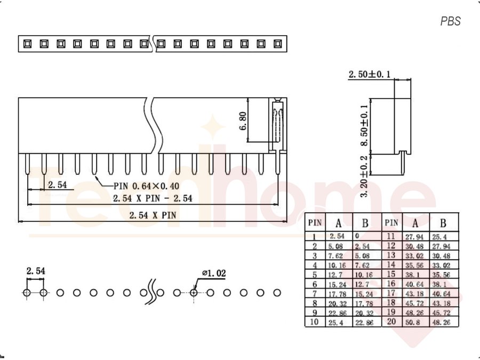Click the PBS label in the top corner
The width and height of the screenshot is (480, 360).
click(450, 21)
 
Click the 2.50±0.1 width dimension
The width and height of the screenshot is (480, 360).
click(370, 74)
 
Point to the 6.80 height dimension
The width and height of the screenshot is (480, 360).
click(243, 121)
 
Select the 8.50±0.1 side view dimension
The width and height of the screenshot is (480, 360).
click(364, 125)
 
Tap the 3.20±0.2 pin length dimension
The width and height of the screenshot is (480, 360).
click(364, 177)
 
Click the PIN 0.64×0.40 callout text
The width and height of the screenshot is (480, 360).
click(146, 186)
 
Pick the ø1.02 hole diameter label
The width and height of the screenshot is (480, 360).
click(214, 273)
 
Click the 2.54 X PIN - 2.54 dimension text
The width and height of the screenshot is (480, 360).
click(153, 198)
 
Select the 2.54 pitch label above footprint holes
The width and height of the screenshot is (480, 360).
click(36, 271)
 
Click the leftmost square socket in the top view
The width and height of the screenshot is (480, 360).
click(27, 44)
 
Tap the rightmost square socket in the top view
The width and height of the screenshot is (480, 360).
click(278, 44)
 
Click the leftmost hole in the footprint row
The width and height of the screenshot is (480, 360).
click(27, 293)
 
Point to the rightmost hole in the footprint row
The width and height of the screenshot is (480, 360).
click(277, 293)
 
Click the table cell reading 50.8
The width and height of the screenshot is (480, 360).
click(412, 322)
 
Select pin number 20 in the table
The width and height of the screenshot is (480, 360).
click(391, 322)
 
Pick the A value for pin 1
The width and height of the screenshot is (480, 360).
click(337, 236)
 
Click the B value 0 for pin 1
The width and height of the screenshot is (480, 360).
click(357, 236)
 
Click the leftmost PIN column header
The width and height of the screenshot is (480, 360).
click(315, 222)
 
